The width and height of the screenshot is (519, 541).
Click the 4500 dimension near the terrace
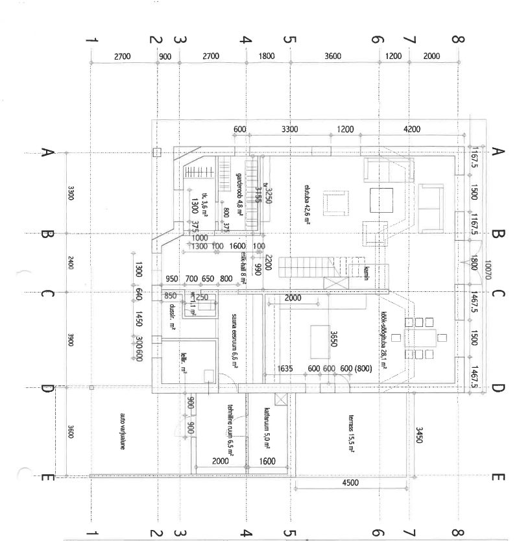coord(351,482)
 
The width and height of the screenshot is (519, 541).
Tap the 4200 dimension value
coord(411,130)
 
